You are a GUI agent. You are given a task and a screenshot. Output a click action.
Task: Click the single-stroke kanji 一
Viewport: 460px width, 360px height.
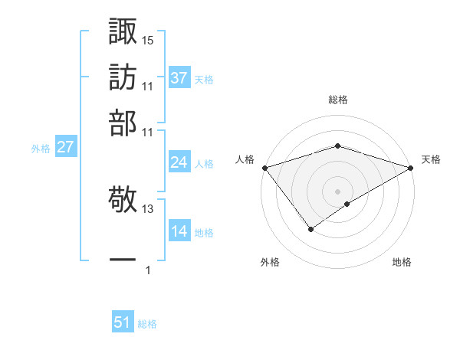tap(123, 261)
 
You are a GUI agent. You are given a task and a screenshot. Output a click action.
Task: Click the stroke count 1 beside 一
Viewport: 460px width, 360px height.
tap(148, 270)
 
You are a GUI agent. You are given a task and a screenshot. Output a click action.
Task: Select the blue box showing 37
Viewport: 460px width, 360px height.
tap(179, 78)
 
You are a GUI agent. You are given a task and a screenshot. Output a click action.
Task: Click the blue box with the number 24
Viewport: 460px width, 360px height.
tap(179, 162)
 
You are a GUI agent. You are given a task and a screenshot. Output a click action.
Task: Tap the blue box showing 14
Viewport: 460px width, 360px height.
tap(179, 231)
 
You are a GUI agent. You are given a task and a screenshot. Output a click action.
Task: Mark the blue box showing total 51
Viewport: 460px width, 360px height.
tap(123, 323)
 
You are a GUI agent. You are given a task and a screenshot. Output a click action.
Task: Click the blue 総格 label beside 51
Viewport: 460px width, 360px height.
tap(148, 324)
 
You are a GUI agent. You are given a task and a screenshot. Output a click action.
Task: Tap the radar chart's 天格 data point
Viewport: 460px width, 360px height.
tap(411, 167)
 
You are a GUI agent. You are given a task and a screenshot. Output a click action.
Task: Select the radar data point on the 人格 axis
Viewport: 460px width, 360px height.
tap(264, 167)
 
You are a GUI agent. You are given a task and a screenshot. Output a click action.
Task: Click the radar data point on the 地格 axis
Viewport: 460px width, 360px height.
tap(347, 204)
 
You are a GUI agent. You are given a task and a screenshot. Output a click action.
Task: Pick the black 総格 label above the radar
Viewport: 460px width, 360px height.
tap(338, 100)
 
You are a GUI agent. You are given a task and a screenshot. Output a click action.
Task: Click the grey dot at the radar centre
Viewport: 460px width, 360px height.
tap(338, 191)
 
